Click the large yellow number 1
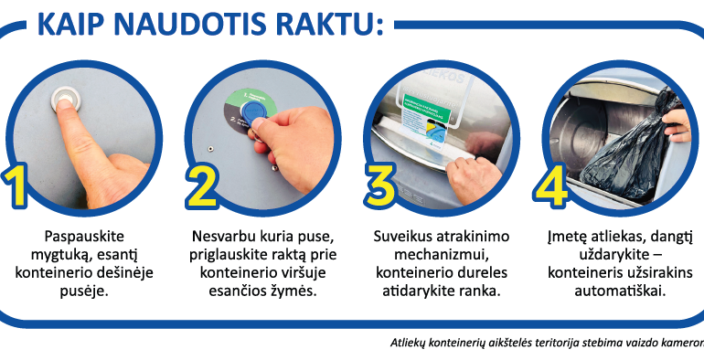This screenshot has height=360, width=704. coord(16,185)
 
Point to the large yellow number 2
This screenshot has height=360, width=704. coord(201,186)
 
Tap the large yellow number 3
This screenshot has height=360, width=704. coord(380,186)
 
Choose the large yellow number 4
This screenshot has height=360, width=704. coord(551,186)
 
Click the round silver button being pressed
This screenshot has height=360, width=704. coord(67,100)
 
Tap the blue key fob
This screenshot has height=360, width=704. coord(253,113)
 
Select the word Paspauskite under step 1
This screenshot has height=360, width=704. coord(84,237)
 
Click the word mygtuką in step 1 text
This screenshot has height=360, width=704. coord(59,255)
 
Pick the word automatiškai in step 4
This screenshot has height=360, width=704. coord(620,291)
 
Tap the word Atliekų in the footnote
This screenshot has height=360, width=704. coord(408,343)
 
